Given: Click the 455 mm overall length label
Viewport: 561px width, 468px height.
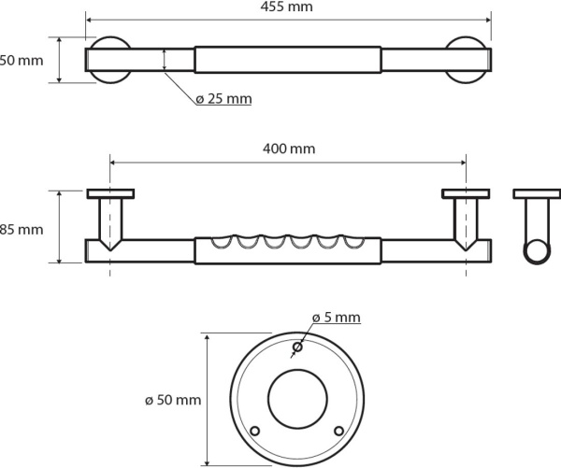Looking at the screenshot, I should pos(288,7).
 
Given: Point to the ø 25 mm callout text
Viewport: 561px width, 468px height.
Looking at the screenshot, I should pos(223,98).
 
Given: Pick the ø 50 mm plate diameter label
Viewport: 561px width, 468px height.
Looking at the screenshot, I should pos(173,401).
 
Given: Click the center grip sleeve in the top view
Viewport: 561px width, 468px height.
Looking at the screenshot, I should pos(287,60).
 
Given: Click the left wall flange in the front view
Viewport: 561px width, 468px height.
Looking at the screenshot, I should pos(110,194).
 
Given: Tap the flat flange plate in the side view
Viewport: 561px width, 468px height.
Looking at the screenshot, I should pos(537,194).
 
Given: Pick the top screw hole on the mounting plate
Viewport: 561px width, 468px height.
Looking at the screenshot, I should pos(296,348).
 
